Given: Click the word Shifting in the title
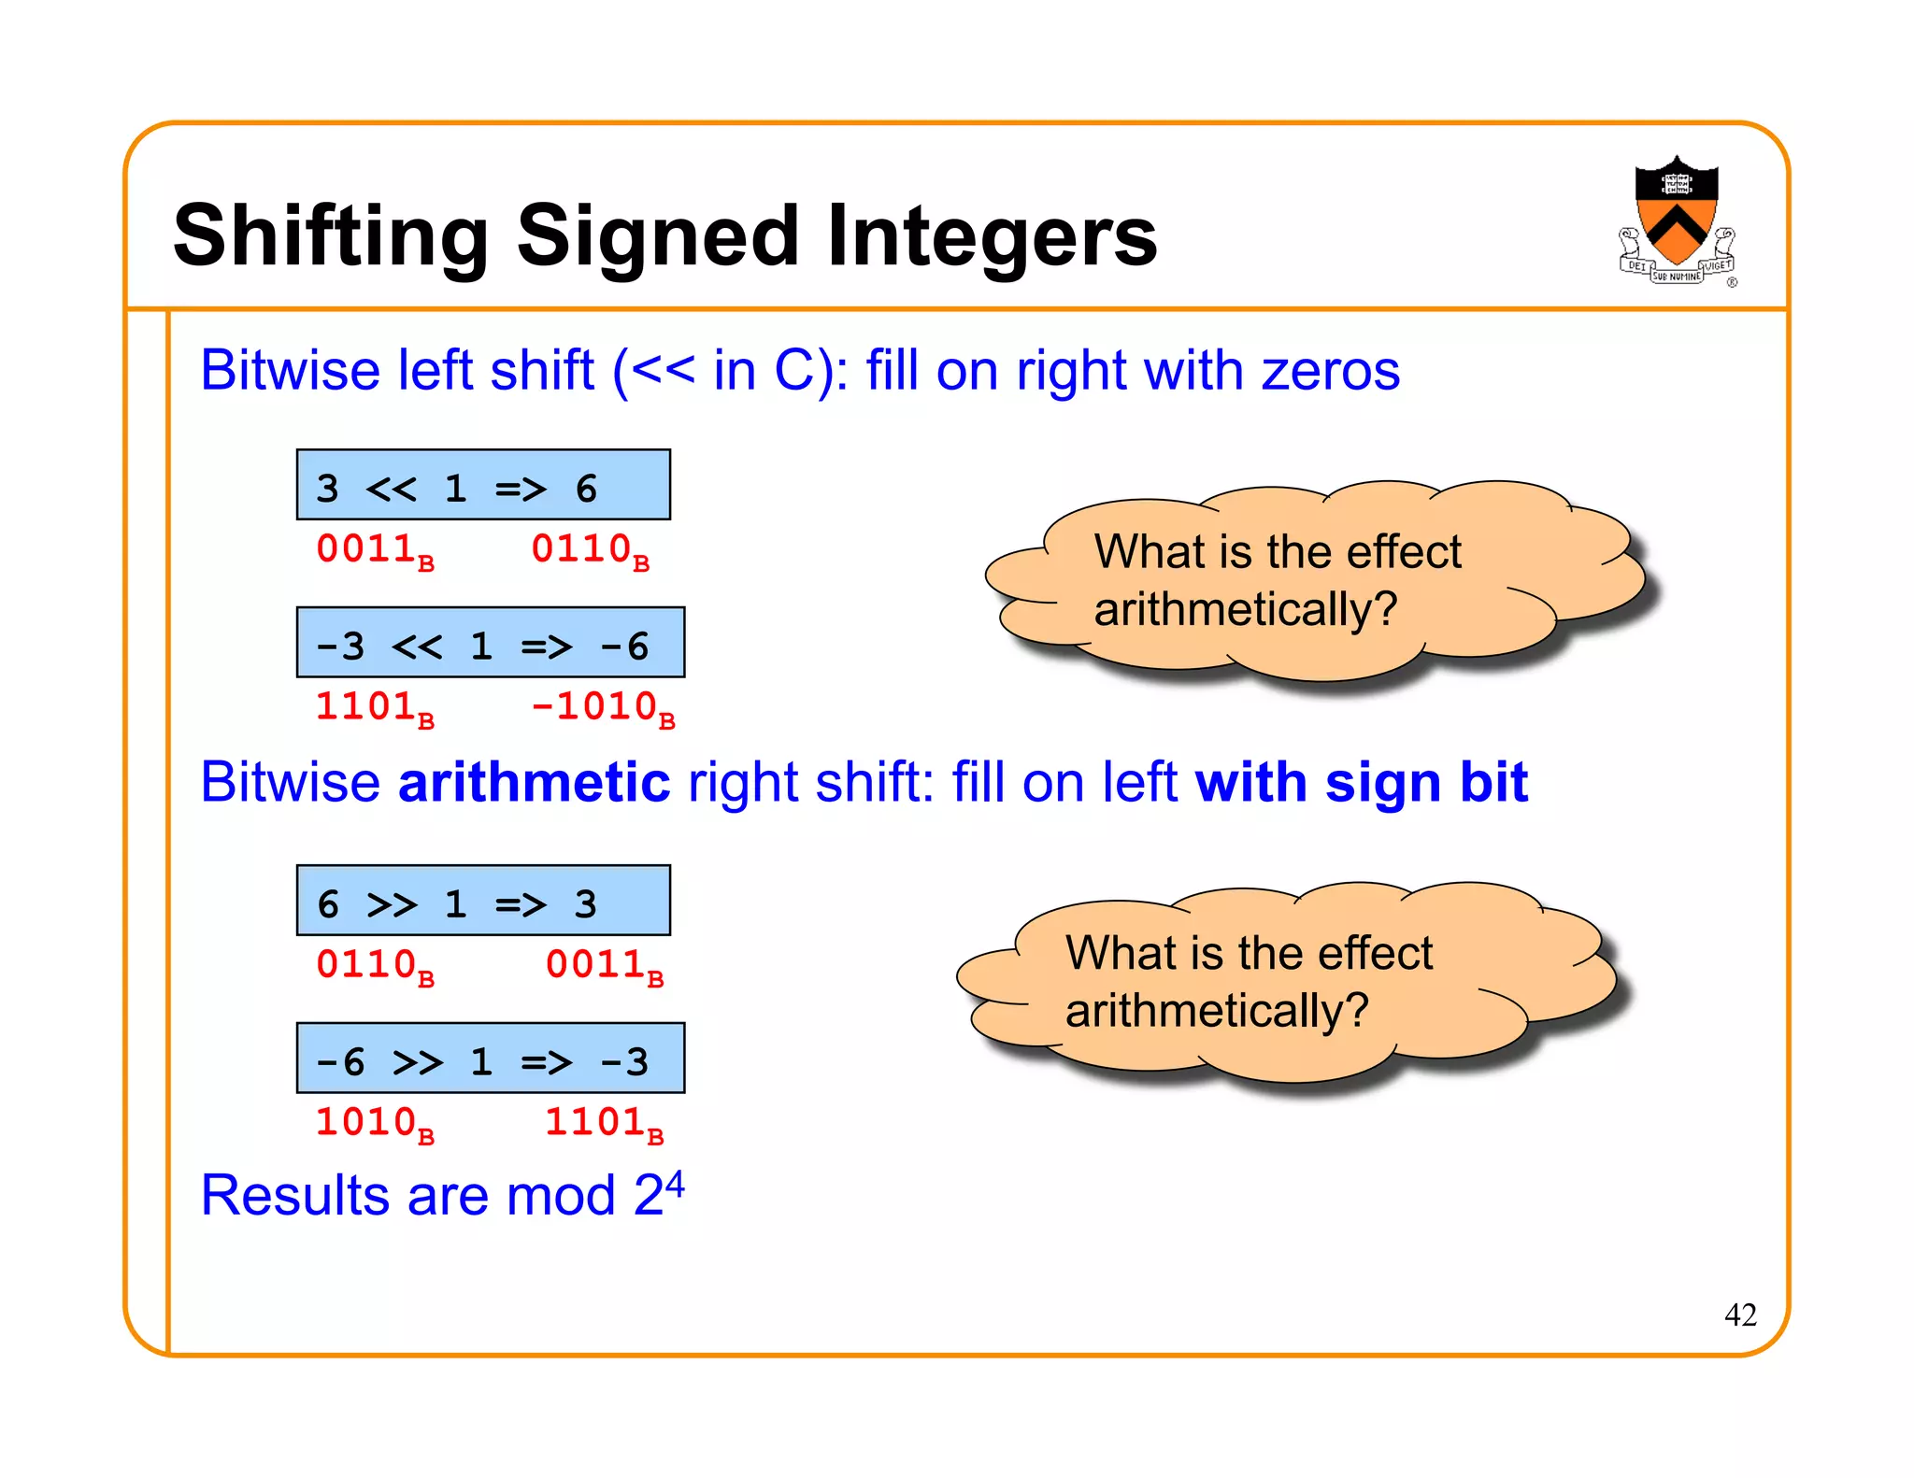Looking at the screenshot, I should click(x=331, y=236).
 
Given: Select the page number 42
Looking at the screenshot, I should click(x=1740, y=1315).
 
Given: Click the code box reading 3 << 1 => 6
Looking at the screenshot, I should click(x=483, y=486).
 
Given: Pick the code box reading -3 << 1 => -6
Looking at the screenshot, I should click(x=490, y=644).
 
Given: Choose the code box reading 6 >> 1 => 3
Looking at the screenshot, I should click(x=483, y=902).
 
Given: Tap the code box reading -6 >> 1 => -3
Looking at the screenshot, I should click(x=490, y=1059).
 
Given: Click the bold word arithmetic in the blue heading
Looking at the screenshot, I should click(x=534, y=782).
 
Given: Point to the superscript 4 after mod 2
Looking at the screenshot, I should click(x=675, y=1184).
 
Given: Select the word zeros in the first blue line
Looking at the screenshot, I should click(x=1331, y=371).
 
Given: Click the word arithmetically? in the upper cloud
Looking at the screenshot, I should click(x=1245, y=610).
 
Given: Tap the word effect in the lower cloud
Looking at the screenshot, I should click(x=1375, y=954).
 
